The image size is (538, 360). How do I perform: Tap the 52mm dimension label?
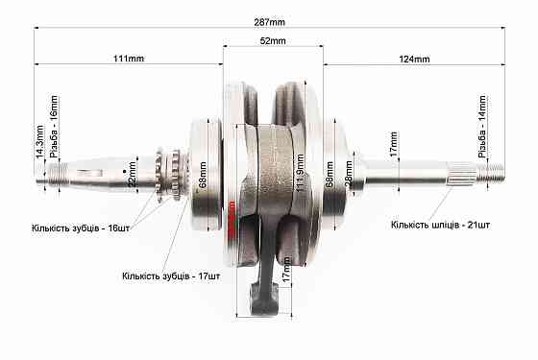point(273,41)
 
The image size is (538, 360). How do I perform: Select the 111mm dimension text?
point(128,60)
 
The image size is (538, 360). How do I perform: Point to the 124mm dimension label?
point(414,60)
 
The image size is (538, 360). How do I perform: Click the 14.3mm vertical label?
point(38,140)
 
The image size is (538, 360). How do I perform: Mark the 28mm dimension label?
point(348,176)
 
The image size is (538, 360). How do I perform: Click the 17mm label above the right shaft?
point(393,146)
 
